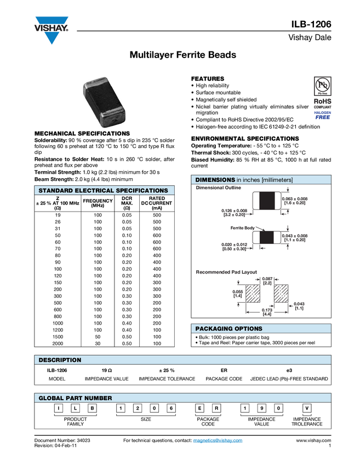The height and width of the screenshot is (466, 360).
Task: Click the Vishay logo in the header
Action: tap(52, 30)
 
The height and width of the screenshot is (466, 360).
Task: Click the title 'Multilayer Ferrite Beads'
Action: tap(182, 55)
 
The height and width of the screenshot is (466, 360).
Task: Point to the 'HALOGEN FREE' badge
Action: tap(323, 115)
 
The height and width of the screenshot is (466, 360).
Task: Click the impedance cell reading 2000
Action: tap(58, 344)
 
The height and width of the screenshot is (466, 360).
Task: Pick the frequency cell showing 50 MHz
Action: tap(98, 337)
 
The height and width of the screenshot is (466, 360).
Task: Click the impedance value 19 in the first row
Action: tap(58, 215)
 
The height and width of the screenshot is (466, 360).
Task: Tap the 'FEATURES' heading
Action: tap(208, 79)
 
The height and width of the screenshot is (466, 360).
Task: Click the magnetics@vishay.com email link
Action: tap(218, 440)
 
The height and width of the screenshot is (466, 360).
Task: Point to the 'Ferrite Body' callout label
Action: tap(243, 228)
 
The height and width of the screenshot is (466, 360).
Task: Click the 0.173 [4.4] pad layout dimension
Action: tap(267, 312)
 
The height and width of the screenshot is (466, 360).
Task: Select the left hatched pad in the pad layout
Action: tap(253, 294)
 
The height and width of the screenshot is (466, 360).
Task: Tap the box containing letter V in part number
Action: tap(307, 408)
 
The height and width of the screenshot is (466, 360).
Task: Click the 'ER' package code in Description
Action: tap(224, 370)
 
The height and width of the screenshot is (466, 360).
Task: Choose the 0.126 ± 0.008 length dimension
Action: tap(235, 213)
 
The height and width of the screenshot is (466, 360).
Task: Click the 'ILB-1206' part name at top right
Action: tap(311, 24)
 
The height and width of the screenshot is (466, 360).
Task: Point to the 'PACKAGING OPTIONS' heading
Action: tap(228, 329)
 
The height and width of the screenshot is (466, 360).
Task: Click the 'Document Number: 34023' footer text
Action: tap(62, 440)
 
